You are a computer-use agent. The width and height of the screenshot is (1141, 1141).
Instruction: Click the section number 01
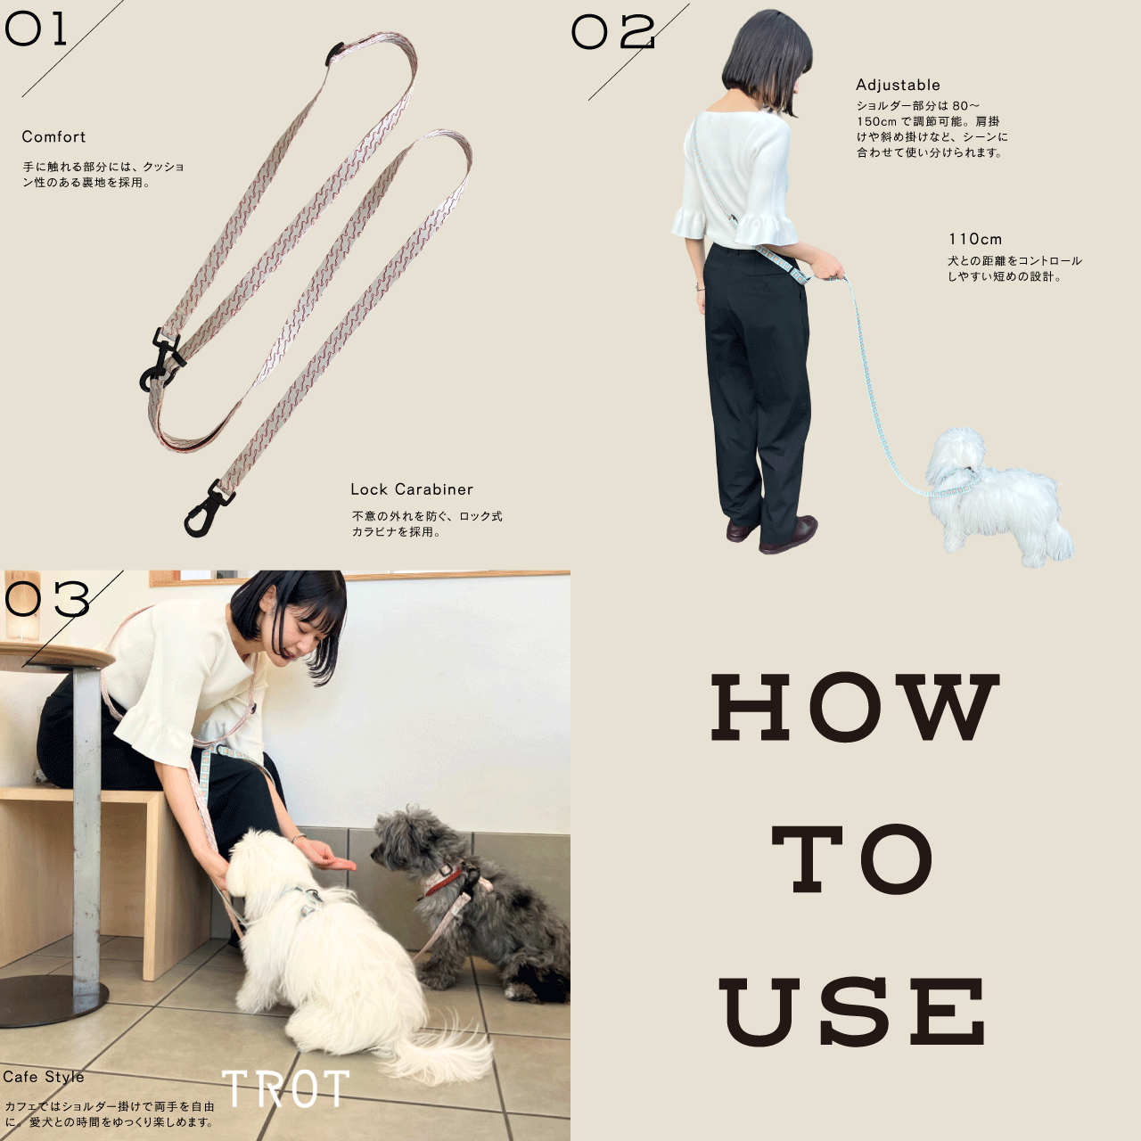click(35, 30)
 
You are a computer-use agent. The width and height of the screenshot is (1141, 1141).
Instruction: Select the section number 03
click(46, 599)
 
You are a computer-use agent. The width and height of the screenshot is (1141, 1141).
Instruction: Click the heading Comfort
click(53, 136)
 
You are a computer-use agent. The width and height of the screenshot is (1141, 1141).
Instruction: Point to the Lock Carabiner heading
click(412, 489)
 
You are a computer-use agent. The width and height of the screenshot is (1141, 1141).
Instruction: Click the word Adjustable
click(898, 85)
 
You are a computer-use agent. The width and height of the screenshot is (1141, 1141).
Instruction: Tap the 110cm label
click(975, 239)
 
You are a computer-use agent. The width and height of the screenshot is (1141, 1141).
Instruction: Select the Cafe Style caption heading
click(43, 1077)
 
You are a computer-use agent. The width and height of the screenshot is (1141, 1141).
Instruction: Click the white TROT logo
click(286, 1088)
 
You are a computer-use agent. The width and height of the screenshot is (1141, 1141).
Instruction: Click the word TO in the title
click(853, 859)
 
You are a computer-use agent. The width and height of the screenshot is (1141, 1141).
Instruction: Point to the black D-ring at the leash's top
click(334, 53)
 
